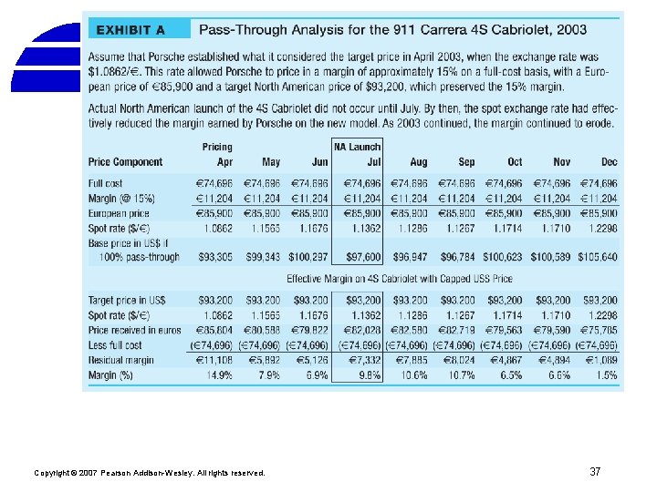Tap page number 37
595,472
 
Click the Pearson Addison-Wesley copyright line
149,473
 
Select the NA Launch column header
358,147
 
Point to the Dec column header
609,162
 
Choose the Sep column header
466,162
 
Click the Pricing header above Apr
217,147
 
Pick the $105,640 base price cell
597,258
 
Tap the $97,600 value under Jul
364,258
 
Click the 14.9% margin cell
218,375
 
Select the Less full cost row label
116,345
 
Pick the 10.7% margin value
461,375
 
